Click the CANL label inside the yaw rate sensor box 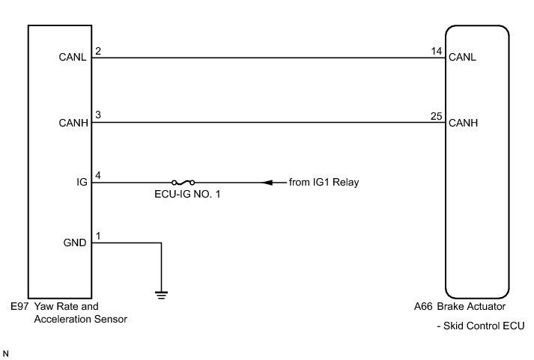73,57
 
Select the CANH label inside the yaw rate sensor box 73,123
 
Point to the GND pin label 76,243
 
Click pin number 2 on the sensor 98,51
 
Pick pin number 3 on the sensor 98,116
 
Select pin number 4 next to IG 98,176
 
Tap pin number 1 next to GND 98,237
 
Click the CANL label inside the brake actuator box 462,57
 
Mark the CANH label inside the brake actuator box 462,123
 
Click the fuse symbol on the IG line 183,183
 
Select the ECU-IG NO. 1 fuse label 183,195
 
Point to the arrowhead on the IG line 267,183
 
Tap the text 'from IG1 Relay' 324,183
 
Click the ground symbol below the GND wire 161,293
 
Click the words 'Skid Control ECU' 487,326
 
